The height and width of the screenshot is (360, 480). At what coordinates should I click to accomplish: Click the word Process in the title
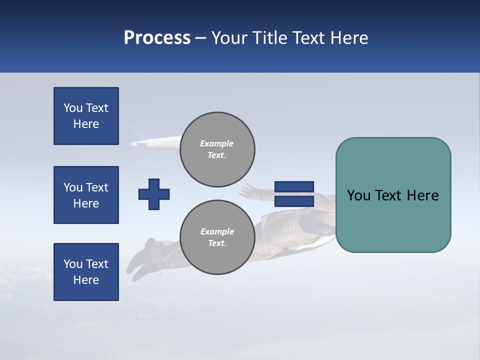pyautogui.click(x=157, y=38)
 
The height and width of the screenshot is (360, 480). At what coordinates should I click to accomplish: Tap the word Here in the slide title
pyautogui.click(x=349, y=38)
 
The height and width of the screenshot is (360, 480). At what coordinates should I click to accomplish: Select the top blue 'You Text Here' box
pyautogui.click(x=86, y=116)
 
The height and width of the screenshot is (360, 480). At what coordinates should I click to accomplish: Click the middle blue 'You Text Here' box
pyautogui.click(x=86, y=195)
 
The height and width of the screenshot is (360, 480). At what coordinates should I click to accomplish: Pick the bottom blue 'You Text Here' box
pyautogui.click(x=86, y=272)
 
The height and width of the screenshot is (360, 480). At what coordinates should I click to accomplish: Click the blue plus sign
pyautogui.click(x=154, y=194)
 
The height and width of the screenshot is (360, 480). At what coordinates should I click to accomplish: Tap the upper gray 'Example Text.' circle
pyautogui.click(x=217, y=149)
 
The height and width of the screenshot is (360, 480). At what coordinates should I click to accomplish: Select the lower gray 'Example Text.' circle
pyautogui.click(x=217, y=237)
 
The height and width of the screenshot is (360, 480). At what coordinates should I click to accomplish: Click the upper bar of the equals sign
pyautogui.click(x=294, y=187)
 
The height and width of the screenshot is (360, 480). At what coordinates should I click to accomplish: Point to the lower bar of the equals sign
pyautogui.click(x=294, y=201)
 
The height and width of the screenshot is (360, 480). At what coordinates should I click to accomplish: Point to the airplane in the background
pyautogui.click(x=155, y=143)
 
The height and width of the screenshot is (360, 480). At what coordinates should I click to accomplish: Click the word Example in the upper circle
pyautogui.click(x=216, y=143)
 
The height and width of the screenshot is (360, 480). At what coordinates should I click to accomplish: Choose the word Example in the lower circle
pyautogui.click(x=216, y=231)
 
